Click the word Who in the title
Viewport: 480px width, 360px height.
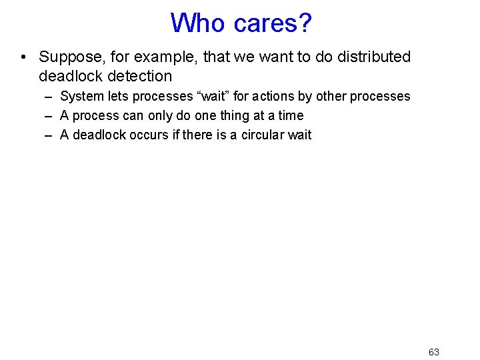point(199,23)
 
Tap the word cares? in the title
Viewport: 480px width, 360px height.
point(273,24)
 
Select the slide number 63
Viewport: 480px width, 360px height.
point(434,352)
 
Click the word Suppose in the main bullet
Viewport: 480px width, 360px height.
point(69,57)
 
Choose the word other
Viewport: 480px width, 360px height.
point(331,96)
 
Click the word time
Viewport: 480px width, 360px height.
point(291,115)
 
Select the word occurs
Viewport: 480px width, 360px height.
point(141,135)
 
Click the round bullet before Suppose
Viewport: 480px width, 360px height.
point(24,57)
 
